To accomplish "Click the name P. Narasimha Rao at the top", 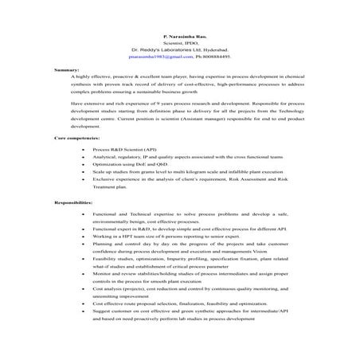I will (x=179, y=37).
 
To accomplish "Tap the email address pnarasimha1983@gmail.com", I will (x=155, y=57).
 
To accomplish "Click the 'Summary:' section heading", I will (x=66, y=71).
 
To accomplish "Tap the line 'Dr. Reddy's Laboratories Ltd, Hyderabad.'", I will (x=179, y=50).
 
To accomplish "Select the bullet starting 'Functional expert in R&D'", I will (x=191, y=229).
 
